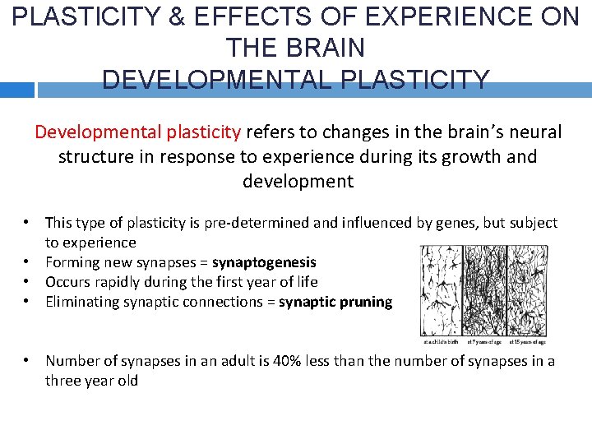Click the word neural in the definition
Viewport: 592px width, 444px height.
[x=534, y=132]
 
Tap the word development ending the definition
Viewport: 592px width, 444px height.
[x=298, y=181]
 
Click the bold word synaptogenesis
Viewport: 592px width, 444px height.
[x=264, y=262]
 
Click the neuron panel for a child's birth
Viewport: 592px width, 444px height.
[x=442, y=290]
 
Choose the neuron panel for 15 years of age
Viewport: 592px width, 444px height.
[x=528, y=290]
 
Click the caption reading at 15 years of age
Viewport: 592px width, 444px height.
[x=528, y=341]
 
